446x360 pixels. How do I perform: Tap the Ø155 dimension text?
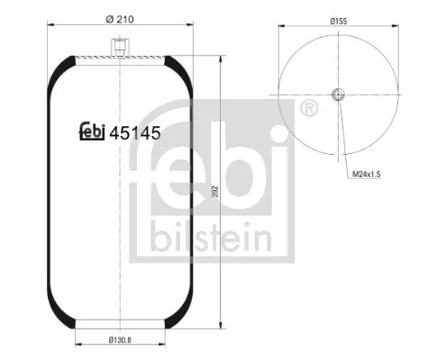click(339, 19)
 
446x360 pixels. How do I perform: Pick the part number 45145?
click(134, 133)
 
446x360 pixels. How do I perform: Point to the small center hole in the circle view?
click(338, 96)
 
